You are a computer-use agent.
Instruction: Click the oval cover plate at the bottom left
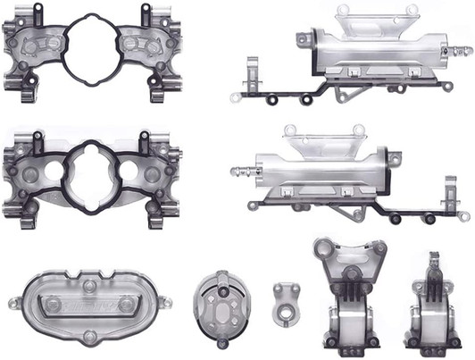coord(89,305)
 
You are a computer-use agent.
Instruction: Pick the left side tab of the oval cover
coord(15,304)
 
